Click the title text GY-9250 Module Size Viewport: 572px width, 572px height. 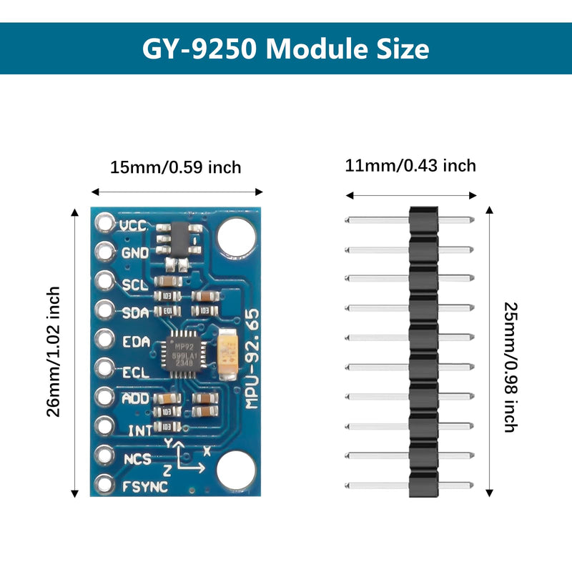point(286,49)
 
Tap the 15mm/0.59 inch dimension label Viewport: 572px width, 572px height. point(176,167)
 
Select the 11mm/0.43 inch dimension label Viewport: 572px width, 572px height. point(410,166)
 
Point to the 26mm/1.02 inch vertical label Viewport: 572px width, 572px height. point(54,351)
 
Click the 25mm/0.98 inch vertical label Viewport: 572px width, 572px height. point(510,367)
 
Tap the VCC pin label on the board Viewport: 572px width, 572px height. point(133,225)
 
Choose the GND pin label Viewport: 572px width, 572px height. point(134,253)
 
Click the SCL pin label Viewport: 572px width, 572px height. point(134,284)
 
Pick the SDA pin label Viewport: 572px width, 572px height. point(134,312)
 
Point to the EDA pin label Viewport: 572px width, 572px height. point(136,342)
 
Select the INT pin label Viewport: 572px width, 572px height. point(139,430)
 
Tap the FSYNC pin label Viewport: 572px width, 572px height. point(145,487)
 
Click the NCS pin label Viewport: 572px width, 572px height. point(137,458)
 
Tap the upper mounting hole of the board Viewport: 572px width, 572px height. point(237,237)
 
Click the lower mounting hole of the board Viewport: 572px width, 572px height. point(236,470)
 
